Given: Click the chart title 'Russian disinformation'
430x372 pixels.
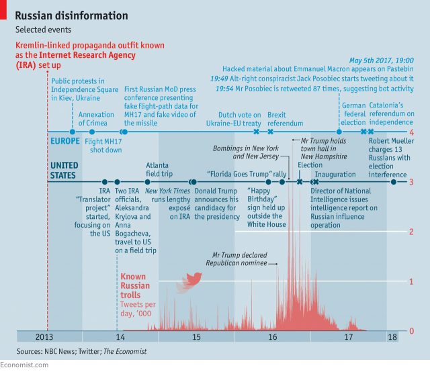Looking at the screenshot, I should [x=71, y=15].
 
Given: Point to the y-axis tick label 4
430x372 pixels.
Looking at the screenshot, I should [x=411, y=133].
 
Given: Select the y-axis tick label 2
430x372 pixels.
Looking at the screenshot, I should [x=411, y=232].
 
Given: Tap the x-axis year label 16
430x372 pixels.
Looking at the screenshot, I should [x=272, y=337].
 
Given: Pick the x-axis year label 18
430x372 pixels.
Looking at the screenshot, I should [x=392, y=337].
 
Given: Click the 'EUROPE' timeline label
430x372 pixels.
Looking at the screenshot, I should [x=64, y=141].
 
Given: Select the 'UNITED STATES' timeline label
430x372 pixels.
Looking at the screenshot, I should [x=64, y=171].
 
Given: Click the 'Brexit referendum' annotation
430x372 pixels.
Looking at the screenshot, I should [x=281, y=119].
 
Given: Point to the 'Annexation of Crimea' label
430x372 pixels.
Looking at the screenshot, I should [x=96, y=119].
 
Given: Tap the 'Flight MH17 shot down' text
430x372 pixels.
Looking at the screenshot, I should [x=103, y=146].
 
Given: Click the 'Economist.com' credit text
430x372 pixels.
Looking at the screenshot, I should [x=24, y=365].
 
